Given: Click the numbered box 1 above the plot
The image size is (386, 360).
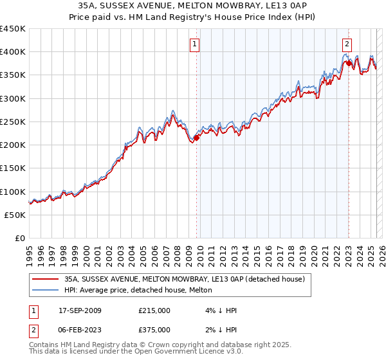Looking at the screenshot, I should point(194,44).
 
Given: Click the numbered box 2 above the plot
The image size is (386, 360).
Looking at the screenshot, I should point(347,44).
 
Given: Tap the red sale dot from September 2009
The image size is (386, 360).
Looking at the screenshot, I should point(197,138).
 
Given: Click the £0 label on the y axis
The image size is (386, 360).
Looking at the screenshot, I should point(19,238).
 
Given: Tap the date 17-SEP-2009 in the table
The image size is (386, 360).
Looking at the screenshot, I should point(80,310).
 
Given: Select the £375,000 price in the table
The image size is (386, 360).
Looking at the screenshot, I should point(155,330).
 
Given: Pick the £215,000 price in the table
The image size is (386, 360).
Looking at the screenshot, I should point(155,310).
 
